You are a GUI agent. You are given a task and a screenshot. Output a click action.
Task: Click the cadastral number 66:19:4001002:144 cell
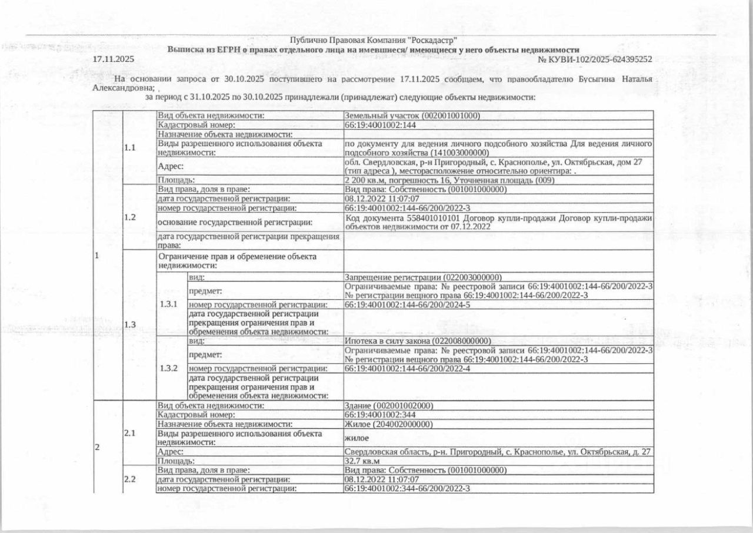(x=380, y=125)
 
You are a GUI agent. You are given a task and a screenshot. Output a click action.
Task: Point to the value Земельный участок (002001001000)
(x=412, y=116)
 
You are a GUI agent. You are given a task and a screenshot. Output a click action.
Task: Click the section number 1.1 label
(x=130, y=148)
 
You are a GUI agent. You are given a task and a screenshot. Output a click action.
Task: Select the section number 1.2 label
(x=130, y=217)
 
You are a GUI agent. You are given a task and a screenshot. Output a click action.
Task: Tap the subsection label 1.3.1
(x=169, y=304)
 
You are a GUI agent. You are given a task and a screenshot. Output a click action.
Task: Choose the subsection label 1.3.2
(x=169, y=368)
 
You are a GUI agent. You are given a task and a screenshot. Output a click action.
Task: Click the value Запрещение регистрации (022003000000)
(x=422, y=277)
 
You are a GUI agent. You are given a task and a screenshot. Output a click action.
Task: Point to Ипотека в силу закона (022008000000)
(x=418, y=341)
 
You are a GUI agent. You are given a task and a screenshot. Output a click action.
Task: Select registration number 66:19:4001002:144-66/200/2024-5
(x=407, y=304)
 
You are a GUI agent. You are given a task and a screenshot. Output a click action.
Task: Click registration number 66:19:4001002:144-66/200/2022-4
(x=407, y=368)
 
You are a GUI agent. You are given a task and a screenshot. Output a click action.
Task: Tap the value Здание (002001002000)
(x=389, y=406)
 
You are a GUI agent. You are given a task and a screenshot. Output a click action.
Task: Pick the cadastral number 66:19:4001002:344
(x=380, y=415)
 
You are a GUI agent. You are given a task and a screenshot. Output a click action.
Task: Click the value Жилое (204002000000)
(x=388, y=424)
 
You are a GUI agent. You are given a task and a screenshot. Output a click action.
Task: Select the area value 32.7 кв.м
(x=362, y=461)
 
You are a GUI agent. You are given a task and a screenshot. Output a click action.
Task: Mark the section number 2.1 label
(x=130, y=433)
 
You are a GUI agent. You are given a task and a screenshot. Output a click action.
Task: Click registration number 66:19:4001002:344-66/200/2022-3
(x=407, y=488)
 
